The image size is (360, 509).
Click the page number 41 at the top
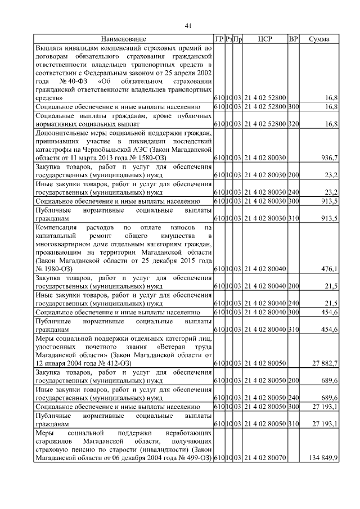tap(188, 25)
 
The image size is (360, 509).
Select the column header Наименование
tap(124, 39)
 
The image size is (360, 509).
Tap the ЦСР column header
tap(265, 39)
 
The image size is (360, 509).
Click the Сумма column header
tap(319, 39)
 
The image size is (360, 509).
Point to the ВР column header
tap(293, 39)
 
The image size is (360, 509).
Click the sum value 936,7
tap(328, 159)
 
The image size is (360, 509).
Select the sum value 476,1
tap(328, 269)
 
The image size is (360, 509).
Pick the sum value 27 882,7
tap(323, 364)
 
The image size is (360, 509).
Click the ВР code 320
tap(293, 123)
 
